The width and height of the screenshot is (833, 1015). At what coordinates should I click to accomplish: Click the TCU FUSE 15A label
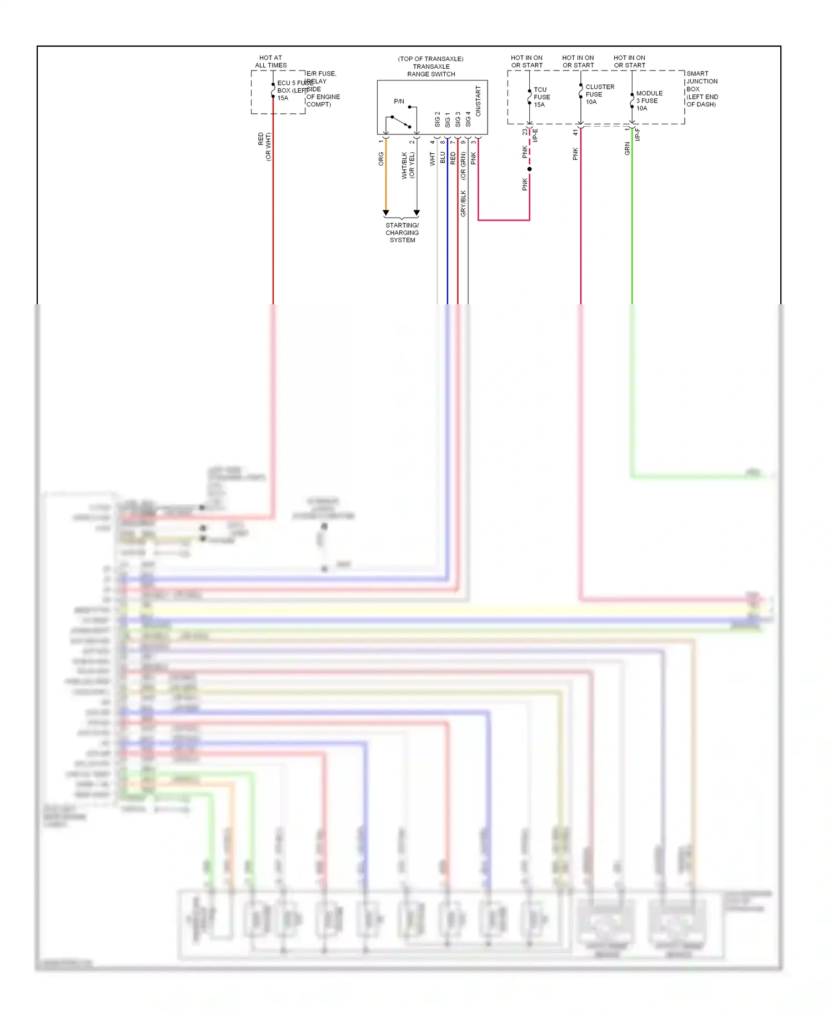tap(541, 97)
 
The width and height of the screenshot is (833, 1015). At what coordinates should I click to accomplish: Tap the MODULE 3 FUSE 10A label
tap(648, 101)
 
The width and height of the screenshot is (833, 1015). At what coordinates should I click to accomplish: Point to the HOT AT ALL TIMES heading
tap(270, 62)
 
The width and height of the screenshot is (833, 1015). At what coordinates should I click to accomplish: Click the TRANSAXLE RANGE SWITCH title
tap(431, 70)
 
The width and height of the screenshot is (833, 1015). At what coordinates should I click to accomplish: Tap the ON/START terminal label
tap(478, 101)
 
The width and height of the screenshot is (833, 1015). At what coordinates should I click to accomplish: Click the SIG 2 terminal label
tap(437, 119)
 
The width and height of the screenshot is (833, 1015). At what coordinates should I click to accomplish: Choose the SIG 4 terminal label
tap(468, 119)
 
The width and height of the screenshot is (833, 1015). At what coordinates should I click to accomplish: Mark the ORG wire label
tap(381, 159)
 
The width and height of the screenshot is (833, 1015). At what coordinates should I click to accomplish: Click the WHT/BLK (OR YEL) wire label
tap(408, 165)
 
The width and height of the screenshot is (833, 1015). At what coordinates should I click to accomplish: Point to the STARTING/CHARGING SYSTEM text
tap(402, 233)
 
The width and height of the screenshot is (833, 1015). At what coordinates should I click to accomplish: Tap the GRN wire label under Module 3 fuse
tap(628, 148)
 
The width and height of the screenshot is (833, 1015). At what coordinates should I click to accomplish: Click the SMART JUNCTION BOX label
tap(701, 89)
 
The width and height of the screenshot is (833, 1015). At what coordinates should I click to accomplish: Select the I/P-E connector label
tap(536, 135)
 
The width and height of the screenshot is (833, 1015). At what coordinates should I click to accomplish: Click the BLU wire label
tap(443, 158)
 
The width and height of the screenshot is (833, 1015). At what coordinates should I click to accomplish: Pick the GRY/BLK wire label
tap(463, 203)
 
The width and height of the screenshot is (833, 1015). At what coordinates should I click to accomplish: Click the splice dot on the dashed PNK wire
tap(529, 169)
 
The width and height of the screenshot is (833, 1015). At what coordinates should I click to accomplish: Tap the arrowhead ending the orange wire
tap(386, 213)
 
